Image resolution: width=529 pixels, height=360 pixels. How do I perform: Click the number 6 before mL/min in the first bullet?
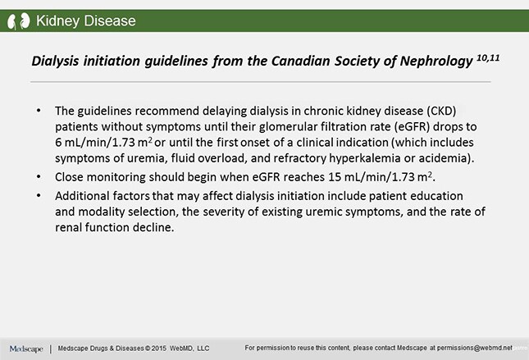pos(58,143)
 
